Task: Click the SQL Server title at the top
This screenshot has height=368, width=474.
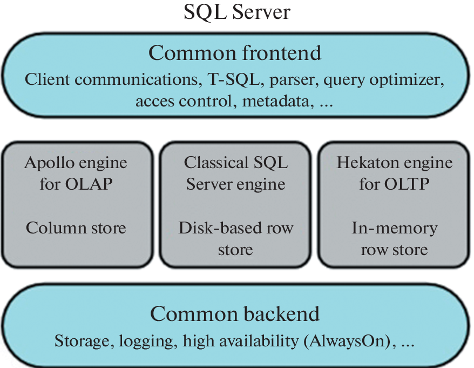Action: [x=236, y=12]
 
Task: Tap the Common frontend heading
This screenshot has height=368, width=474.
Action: [x=235, y=53]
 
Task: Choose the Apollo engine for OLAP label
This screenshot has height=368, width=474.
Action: [x=76, y=173]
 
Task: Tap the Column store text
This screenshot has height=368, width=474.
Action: [x=76, y=228]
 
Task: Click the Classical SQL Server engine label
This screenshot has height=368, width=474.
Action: [x=236, y=173]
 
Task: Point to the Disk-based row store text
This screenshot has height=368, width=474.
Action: [x=236, y=238]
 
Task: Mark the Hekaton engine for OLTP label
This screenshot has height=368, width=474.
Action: [x=395, y=173]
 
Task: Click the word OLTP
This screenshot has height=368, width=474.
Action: [x=409, y=184]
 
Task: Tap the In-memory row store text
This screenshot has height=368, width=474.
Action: [x=395, y=238]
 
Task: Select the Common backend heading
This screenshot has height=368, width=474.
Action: [x=235, y=313]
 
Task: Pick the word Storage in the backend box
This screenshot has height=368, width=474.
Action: [x=78, y=342]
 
